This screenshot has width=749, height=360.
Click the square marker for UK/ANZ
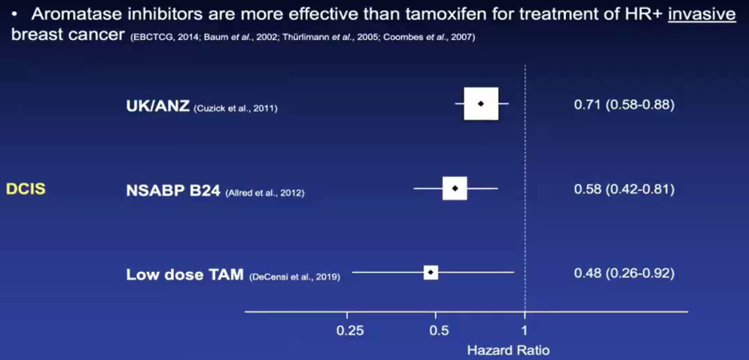click(481, 103)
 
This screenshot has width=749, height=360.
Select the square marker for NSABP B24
click(455, 188)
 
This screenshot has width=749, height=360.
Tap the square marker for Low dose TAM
click(431, 272)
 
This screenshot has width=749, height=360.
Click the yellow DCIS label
click(26, 189)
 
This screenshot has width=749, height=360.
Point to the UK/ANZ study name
click(157, 106)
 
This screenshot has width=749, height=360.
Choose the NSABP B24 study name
click(173, 191)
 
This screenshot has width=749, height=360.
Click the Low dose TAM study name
click(185, 275)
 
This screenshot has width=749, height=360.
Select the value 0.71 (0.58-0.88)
click(624, 105)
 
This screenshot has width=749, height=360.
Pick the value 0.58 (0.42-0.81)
click(624, 189)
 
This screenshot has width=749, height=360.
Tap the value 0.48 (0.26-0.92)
click(624, 273)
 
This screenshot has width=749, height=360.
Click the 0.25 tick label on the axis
click(349, 330)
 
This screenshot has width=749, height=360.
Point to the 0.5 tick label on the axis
click(438, 330)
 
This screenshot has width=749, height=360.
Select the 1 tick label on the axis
click(525, 330)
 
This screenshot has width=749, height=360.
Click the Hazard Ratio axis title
click(508, 350)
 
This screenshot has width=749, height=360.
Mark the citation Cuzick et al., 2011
click(236, 108)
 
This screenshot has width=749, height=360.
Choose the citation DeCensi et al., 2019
click(294, 277)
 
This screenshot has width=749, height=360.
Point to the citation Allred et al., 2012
click(264, 194)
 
